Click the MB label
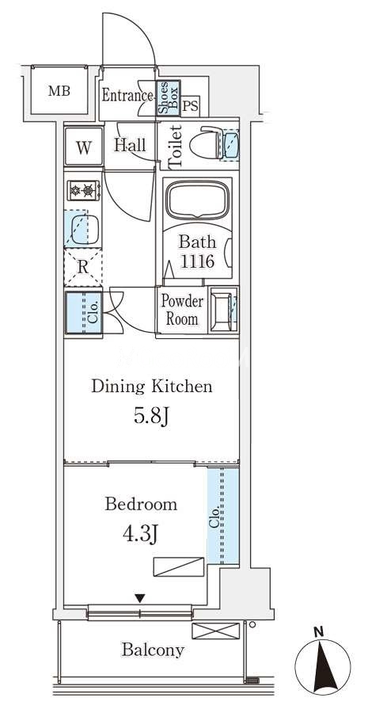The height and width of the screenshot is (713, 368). [x=59, y=91]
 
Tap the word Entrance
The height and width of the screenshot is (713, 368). [x=127, y=96]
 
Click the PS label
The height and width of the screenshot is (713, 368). [x=191, y=106]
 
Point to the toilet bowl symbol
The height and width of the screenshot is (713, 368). [x=209, y=143]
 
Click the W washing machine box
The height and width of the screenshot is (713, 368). [x=84, y=147]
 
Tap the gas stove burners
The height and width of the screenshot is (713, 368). [x=84, y=190]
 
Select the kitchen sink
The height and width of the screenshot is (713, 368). [x=82, y=229]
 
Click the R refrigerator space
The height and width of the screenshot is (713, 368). [x=82, y=268]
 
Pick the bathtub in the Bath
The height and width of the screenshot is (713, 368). [x=197, y=200]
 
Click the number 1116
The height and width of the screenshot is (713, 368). [x=197, y=261]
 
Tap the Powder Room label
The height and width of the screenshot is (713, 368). [x=182, y=310]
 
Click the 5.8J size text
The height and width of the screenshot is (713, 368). [x=152, y=416]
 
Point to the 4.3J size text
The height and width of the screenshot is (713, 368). [x=140, y=534]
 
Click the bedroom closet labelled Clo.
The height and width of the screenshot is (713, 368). [x=223, y=516]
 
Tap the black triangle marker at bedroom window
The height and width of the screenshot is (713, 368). [x=140, y=598]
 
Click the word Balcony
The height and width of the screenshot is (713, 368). [x=153, y=650]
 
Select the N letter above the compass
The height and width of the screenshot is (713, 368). [x=321, y=631]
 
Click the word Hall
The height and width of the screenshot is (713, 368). [x=131, y=145]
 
